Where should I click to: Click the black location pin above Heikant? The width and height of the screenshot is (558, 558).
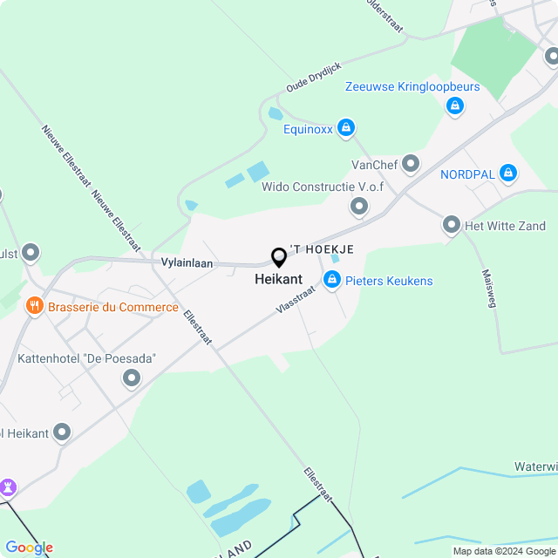279,258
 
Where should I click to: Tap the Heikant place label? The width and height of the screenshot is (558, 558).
278,280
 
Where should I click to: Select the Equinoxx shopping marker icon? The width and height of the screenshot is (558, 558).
346,129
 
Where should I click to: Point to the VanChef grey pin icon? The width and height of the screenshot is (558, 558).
411,163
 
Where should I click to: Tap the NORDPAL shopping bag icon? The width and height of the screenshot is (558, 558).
508,174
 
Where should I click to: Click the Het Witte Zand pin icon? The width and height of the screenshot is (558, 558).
452,225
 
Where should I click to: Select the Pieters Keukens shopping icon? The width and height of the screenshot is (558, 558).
331,280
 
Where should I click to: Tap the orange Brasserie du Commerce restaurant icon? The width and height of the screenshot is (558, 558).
35,306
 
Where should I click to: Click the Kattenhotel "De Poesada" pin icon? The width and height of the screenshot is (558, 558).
132,378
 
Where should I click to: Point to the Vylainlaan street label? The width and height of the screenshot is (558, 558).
187,262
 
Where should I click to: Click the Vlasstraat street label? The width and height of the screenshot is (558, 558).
295,303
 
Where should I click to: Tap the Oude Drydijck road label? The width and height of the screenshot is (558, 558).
314,78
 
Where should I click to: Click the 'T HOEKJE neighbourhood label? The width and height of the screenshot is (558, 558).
322,249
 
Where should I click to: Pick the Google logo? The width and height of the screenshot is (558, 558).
29,548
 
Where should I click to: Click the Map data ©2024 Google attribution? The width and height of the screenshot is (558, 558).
504,551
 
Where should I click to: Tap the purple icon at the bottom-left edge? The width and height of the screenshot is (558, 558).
8,486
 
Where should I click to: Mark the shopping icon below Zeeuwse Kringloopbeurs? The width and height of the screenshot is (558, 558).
453,106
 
